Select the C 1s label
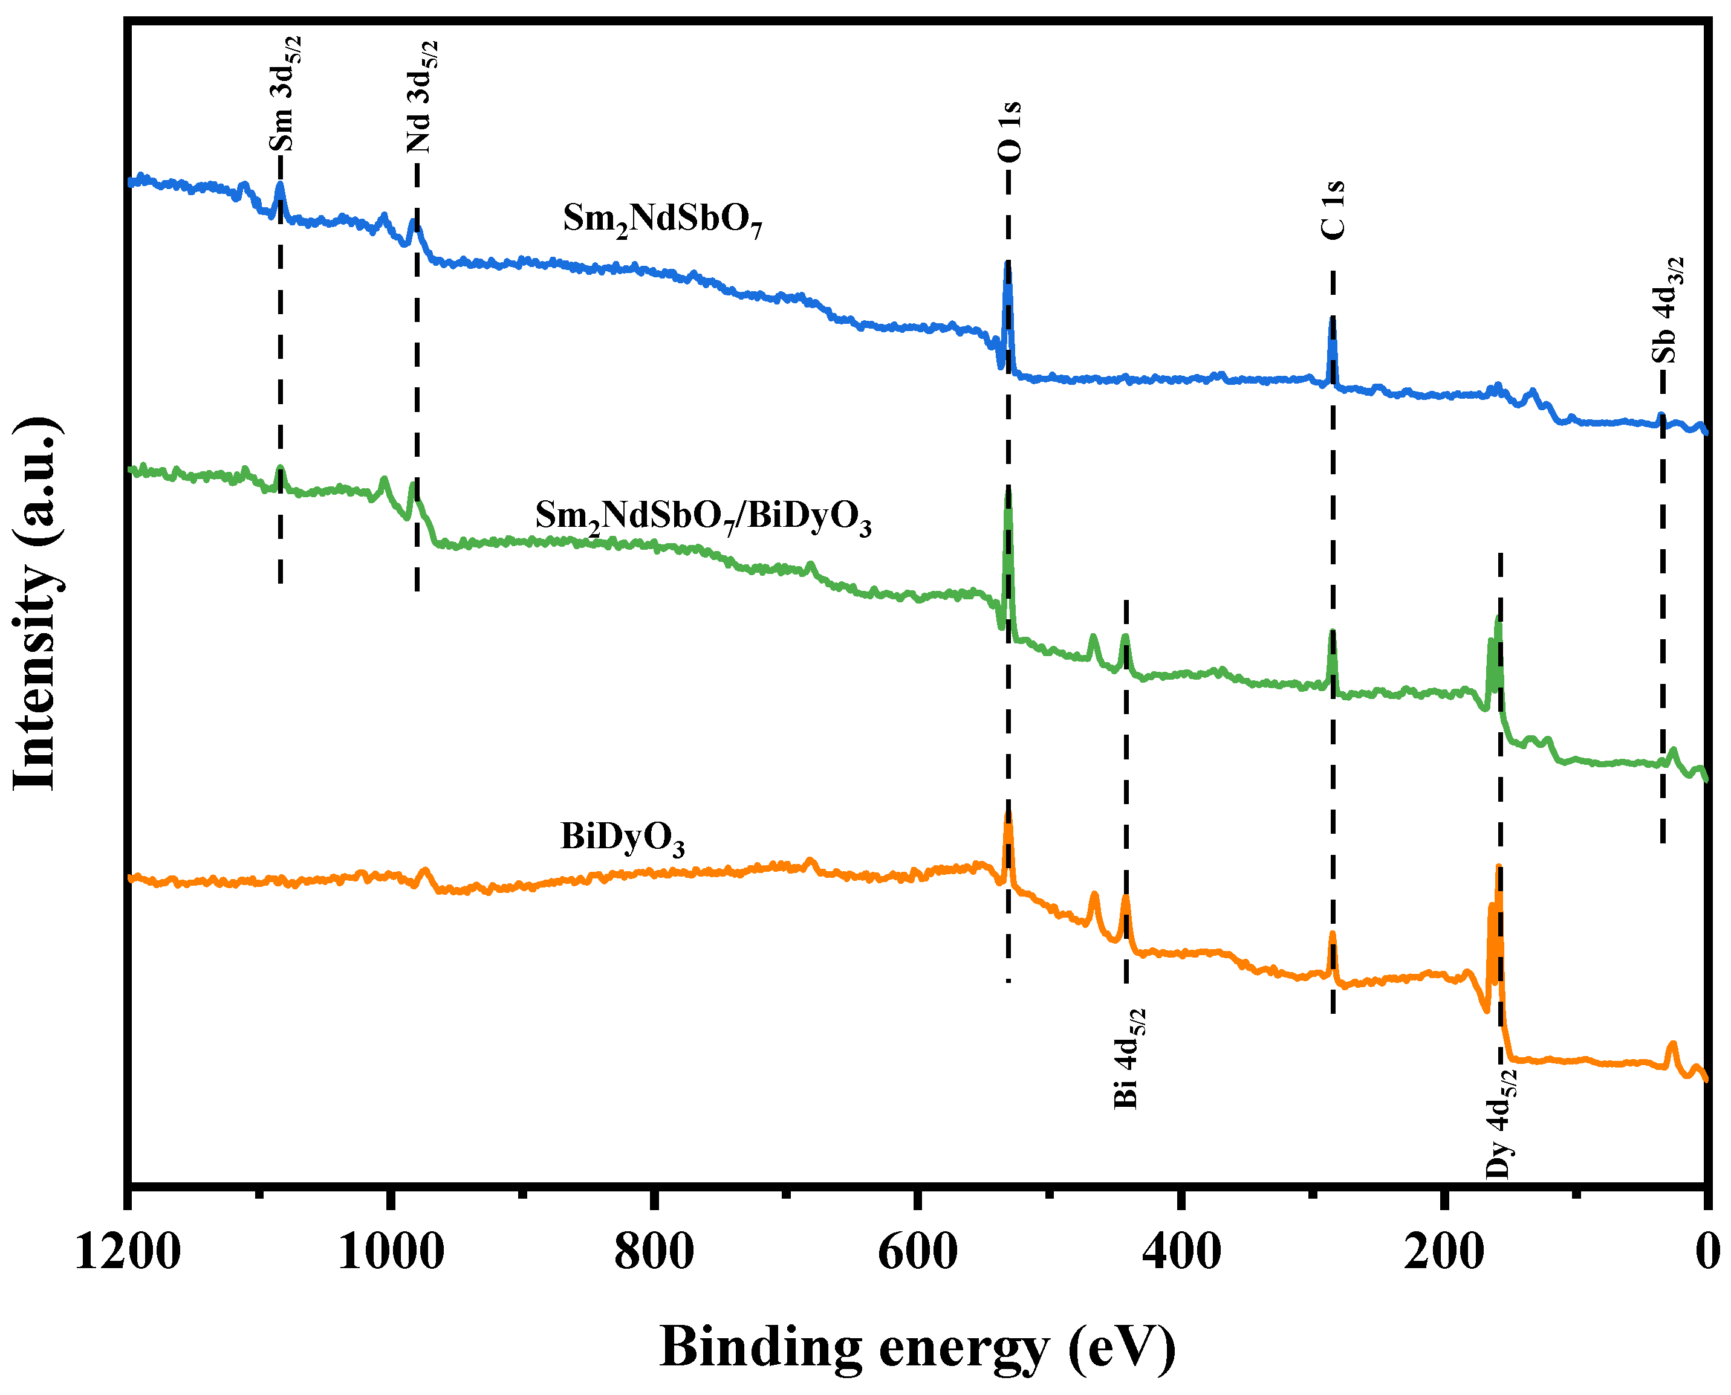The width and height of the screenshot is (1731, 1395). [x=1333, y=210]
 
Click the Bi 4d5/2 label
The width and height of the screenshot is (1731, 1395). [x=1129, y=1058]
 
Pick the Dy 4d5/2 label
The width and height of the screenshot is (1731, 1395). [x=1500, y=1123]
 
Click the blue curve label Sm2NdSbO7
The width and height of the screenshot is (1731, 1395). [x=661, y=219]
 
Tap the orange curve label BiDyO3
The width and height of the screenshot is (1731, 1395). [x=622, y=837]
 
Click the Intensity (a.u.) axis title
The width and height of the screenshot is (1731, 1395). [x=36, y=604]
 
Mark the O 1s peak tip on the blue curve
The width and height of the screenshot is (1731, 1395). [x=1007, y=263]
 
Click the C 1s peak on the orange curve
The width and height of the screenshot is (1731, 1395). [x=1332, y=935]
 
